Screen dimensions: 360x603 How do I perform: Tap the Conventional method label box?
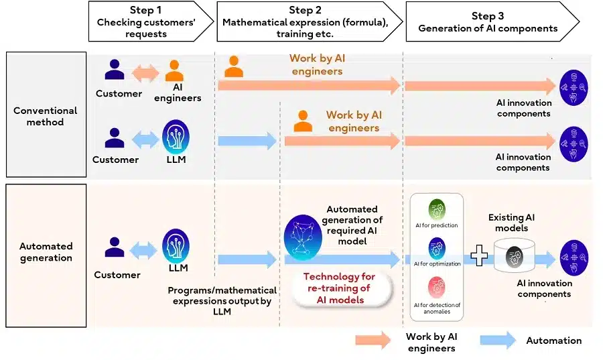pyautogui.click(x=46, y=115)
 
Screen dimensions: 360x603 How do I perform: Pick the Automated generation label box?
pyautogui.click(x=46, y=255)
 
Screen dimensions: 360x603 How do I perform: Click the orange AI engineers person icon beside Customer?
pyautogui.click(x=175, y=71)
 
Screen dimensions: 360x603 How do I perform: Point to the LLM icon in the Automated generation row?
pyautogui.click(x=176, y=246)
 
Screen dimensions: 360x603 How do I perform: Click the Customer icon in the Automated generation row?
pyautogui.click(x=115, y=248)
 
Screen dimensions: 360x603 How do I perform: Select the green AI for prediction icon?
pyautogui.click(x=436, y=208)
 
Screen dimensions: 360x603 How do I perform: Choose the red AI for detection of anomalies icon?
pyautogui.click(x=436, y=288)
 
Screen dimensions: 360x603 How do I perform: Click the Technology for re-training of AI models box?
pyautogui.click(x=340, y=288)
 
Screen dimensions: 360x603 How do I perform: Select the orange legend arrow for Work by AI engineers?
pyautogui.click(x=373, y=340)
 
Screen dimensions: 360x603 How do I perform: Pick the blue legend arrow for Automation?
pyautogui.click(x=498, y=340)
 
